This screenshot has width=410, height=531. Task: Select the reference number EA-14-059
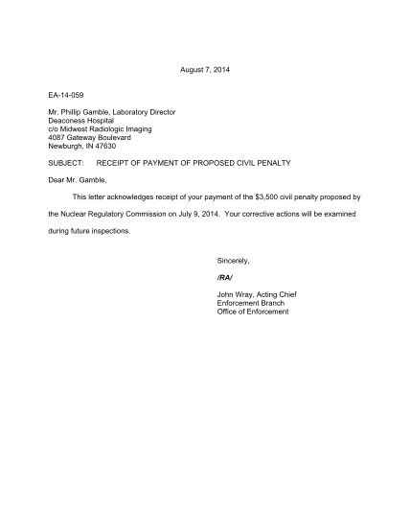(68, 97)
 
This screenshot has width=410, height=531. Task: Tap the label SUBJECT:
(68, 162)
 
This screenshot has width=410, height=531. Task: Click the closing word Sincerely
(234, 261)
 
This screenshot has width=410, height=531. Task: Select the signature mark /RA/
(226, 277)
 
